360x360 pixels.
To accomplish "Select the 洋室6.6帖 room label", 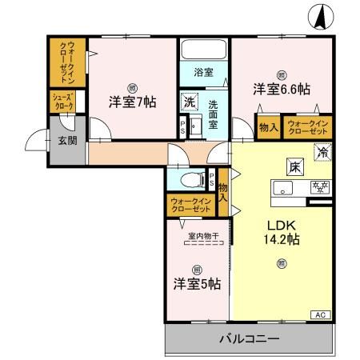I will (282, 89).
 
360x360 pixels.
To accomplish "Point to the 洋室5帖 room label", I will (198, 282).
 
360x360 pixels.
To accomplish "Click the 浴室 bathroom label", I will (203, 72).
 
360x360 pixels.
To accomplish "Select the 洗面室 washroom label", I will (214, 108).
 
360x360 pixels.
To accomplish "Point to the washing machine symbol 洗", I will (189, 102).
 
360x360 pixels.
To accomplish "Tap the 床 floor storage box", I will (292, 166).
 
